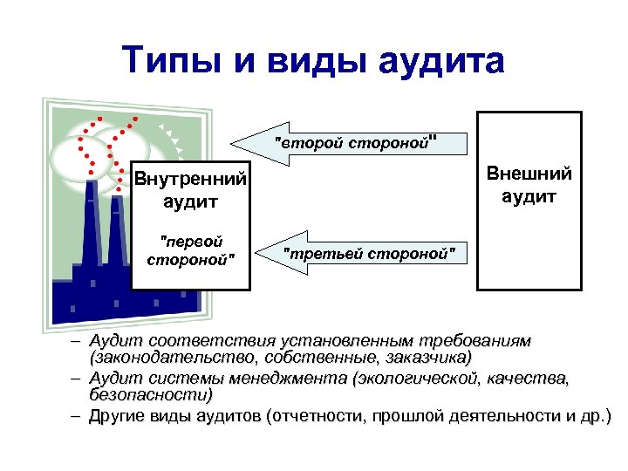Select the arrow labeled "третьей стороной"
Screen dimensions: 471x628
click(366, 254)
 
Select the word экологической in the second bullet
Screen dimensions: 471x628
click(420, 379)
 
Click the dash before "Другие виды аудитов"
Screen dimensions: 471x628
click(77, 416)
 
